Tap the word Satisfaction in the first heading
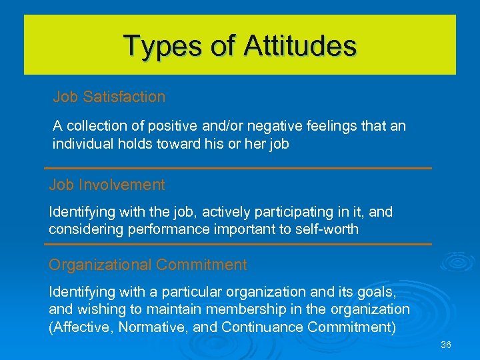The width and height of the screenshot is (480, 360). [124, 97]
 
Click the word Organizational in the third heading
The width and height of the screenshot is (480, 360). [100, 265]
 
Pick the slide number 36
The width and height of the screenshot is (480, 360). [446, 345]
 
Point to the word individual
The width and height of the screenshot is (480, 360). [81, 143]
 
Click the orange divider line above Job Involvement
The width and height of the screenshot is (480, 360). [238, 168]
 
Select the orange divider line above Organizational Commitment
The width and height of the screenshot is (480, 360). [238, 245]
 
